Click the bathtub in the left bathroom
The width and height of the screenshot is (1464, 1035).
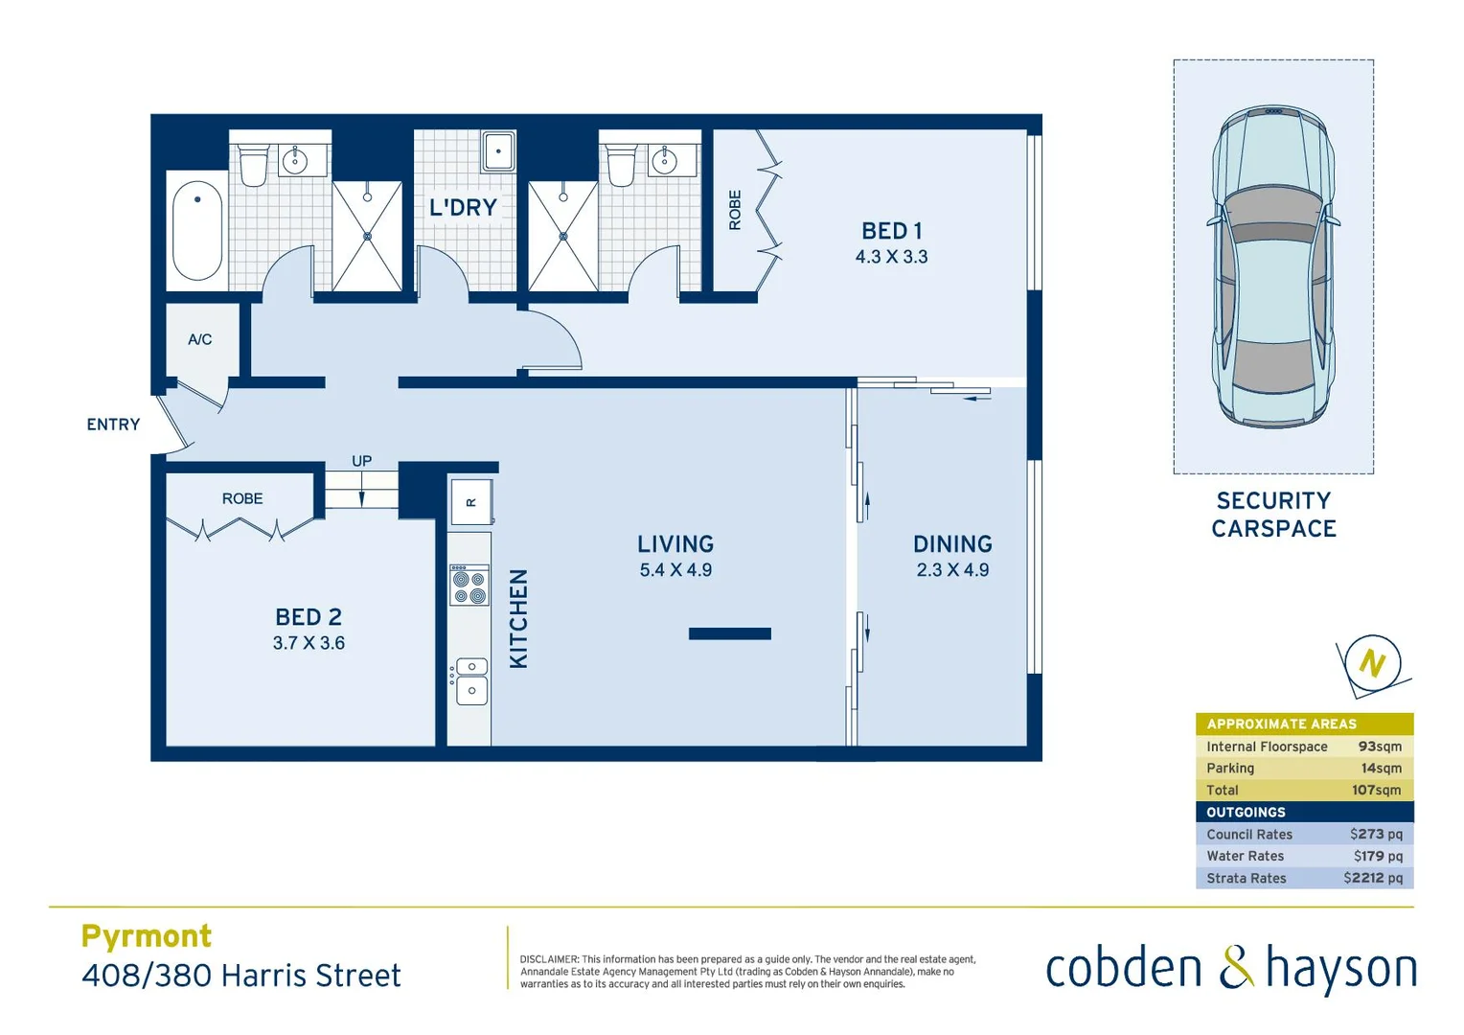(197, 231)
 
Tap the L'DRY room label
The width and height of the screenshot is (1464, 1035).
(463, 207)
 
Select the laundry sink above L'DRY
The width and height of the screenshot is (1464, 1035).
(498, 151)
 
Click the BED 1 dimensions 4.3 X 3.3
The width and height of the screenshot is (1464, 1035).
(891, 257)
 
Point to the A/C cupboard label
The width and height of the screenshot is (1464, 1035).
(199, 339)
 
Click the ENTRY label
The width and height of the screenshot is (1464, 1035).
(113, 425)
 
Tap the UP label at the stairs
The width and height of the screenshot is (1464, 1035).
(361, 461)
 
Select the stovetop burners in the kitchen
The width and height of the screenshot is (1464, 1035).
(469, 586)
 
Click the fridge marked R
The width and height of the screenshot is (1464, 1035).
(470, 501)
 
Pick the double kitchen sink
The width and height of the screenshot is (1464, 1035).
(471, 679)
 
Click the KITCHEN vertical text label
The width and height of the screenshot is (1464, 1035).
(518, 618)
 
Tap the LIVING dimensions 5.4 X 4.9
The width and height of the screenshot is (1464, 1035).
(675, 570)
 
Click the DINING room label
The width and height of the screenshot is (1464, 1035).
(952, 544)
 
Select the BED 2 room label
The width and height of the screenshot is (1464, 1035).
(309, 617)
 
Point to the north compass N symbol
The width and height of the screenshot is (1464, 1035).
(1372, 663)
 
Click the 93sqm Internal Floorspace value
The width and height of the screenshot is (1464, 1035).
(1380, 747)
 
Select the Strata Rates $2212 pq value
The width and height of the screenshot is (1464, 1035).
(1373, 878)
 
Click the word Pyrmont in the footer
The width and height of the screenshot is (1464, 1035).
(147, 936)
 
